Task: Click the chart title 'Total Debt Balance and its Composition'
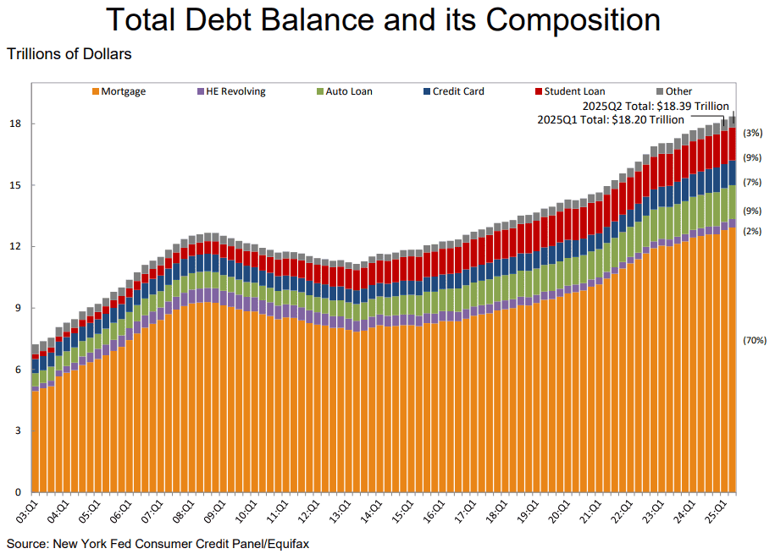point(383,19)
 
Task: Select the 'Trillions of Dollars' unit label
point(69,54)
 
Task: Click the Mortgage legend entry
point(119,91)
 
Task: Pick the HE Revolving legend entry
point(231,91)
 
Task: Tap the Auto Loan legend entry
point(345,91)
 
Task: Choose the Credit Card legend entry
point(454,91)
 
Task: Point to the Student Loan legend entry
point(570,91)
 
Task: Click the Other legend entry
point(674,91)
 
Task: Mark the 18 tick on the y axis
point(15,123)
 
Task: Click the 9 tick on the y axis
point(19,308)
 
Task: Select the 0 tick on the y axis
point(19,492)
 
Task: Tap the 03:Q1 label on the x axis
point(28,512)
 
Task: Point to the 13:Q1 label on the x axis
point(340,512)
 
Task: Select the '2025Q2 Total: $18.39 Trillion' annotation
point(656,107)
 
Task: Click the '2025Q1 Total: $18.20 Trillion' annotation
point(611,120)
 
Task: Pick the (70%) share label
point(755,340)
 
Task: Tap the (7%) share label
point(752,182)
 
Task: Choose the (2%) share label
point(752,231)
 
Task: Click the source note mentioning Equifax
point(158,544)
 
